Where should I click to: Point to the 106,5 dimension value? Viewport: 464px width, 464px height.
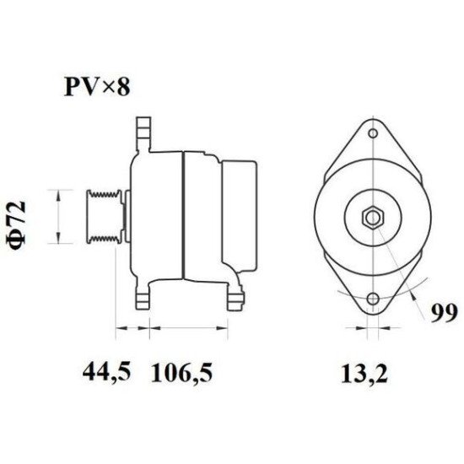tap(181, 370)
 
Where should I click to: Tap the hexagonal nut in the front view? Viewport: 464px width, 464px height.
tap(371, 217)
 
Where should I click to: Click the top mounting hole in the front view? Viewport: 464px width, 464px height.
tap(371, 133)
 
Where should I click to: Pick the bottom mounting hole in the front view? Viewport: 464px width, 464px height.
tap(371, 299)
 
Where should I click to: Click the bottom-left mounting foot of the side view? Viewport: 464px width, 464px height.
tap(142, 295)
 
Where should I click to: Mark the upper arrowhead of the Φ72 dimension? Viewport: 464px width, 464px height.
tap(57, 195)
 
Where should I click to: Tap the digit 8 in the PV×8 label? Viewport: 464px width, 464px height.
tap(123, 86)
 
